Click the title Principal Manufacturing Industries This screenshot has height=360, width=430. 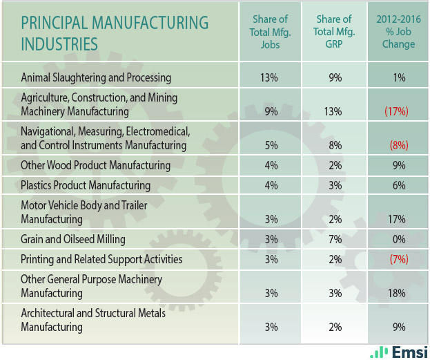114,32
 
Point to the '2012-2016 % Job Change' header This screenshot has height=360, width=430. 398,32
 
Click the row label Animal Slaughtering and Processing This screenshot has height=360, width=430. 96,77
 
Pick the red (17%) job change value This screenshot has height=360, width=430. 398,111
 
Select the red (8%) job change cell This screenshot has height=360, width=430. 398,146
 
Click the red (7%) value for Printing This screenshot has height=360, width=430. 398,260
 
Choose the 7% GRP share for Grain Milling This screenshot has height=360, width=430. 335,240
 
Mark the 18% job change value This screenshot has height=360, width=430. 398,294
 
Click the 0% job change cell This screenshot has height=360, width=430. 398,240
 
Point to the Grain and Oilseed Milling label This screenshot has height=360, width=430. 73,240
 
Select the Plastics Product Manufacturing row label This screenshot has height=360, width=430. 86,185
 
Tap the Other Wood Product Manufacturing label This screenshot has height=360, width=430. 95,165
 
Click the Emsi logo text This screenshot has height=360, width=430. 407,352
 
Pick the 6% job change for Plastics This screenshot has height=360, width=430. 398,185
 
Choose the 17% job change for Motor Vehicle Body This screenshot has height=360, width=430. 398,220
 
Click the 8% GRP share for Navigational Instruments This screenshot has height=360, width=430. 335,146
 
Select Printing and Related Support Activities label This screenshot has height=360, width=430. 101,260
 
